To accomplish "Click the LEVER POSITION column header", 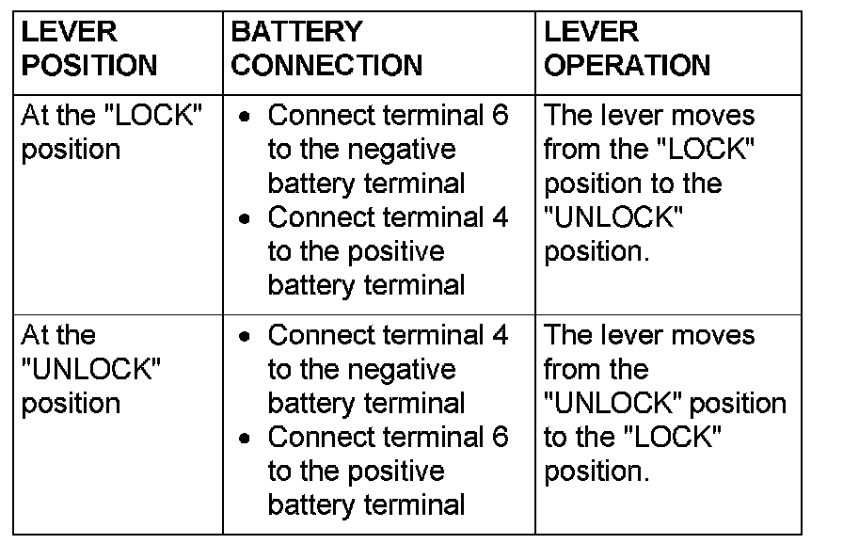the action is coord(88,49).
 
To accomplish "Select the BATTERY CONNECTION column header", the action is coord(326,49).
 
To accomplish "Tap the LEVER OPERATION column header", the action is coord(627,49).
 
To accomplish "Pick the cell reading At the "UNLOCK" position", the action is coord(90,369).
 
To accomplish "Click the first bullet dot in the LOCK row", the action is coord(245,118).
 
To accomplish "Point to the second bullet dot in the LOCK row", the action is coord(245,219).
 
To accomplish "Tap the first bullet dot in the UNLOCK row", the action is coord(245,337).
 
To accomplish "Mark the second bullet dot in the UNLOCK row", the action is coord(245,439).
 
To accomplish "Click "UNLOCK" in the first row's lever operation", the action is coord(613,217).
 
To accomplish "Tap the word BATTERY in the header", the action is coord(296,32).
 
